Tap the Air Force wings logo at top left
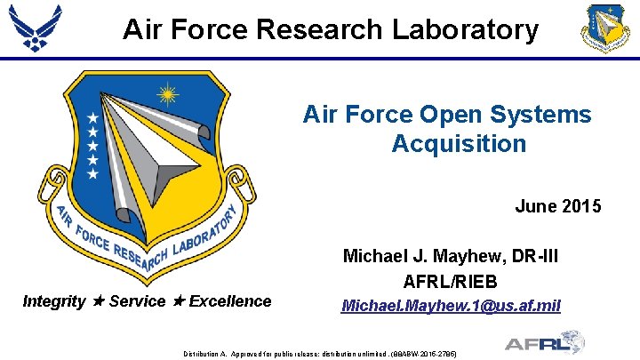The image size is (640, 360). tap(36, 28)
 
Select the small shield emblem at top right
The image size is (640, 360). tap(604, 28)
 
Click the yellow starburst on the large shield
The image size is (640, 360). tap(166, 93)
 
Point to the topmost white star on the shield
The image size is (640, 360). tap(92, 117)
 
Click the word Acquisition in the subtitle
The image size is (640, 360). tap(459, 143)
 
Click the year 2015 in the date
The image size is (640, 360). tap(582, 206)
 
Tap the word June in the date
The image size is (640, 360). tap(537, 206)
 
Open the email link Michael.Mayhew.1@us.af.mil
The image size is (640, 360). tap(452, 306)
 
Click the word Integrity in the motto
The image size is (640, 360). tap(53, 301)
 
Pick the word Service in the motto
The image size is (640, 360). tap(137, 301)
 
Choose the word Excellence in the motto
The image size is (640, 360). tap(230, 301)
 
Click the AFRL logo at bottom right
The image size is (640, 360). tap(543, 342)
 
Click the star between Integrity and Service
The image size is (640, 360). tap(99, 301)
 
